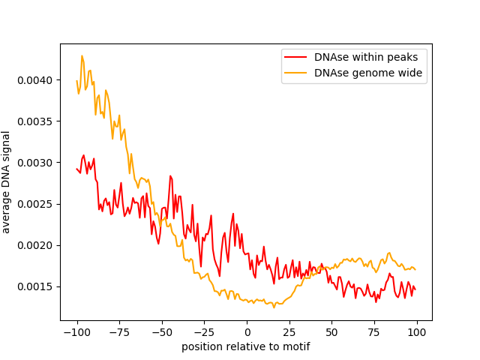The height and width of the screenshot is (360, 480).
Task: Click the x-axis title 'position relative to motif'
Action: [x=246, y=346]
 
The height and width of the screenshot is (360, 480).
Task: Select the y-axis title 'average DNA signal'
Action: [x=7, y=181]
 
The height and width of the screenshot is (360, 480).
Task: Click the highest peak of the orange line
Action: [x=82, y=55]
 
